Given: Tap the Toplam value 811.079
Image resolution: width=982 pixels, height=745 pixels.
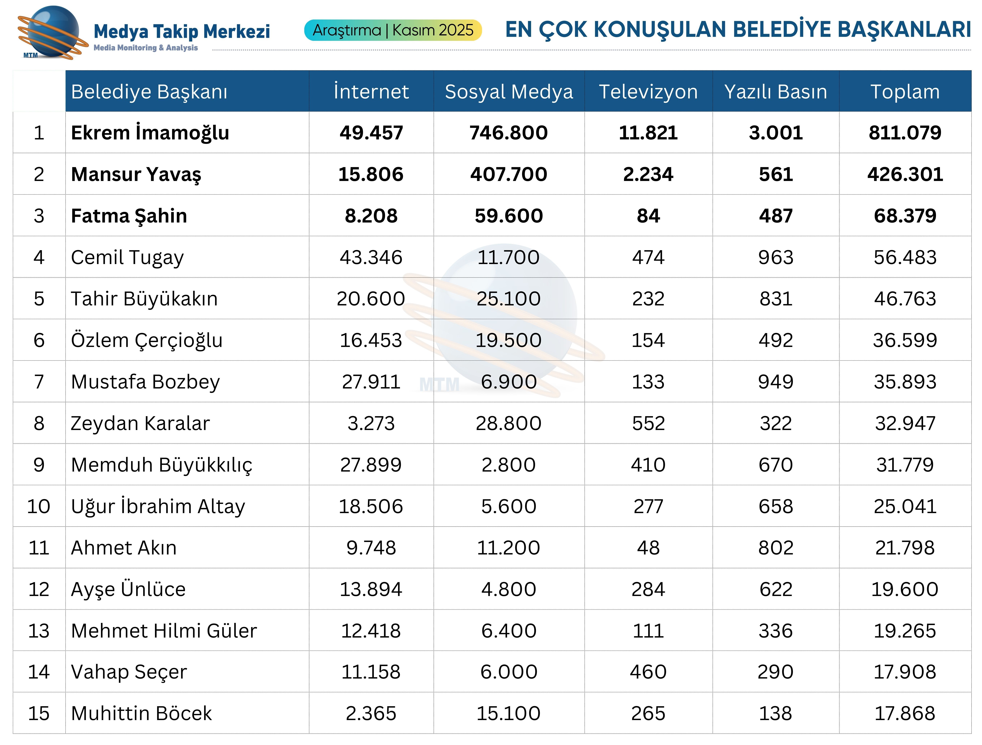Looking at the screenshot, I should pos(905,133).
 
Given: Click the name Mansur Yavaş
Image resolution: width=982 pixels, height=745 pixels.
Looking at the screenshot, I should pos(136,174).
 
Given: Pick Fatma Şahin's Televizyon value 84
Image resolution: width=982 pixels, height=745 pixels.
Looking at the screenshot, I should pos(648,216).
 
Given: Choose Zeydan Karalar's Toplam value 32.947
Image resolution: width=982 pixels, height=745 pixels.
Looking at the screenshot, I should pos(905,423).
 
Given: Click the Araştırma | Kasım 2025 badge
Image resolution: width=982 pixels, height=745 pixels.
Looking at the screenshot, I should pos(393,30).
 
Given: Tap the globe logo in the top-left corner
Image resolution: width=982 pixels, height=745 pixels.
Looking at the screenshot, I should pos(52,32).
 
